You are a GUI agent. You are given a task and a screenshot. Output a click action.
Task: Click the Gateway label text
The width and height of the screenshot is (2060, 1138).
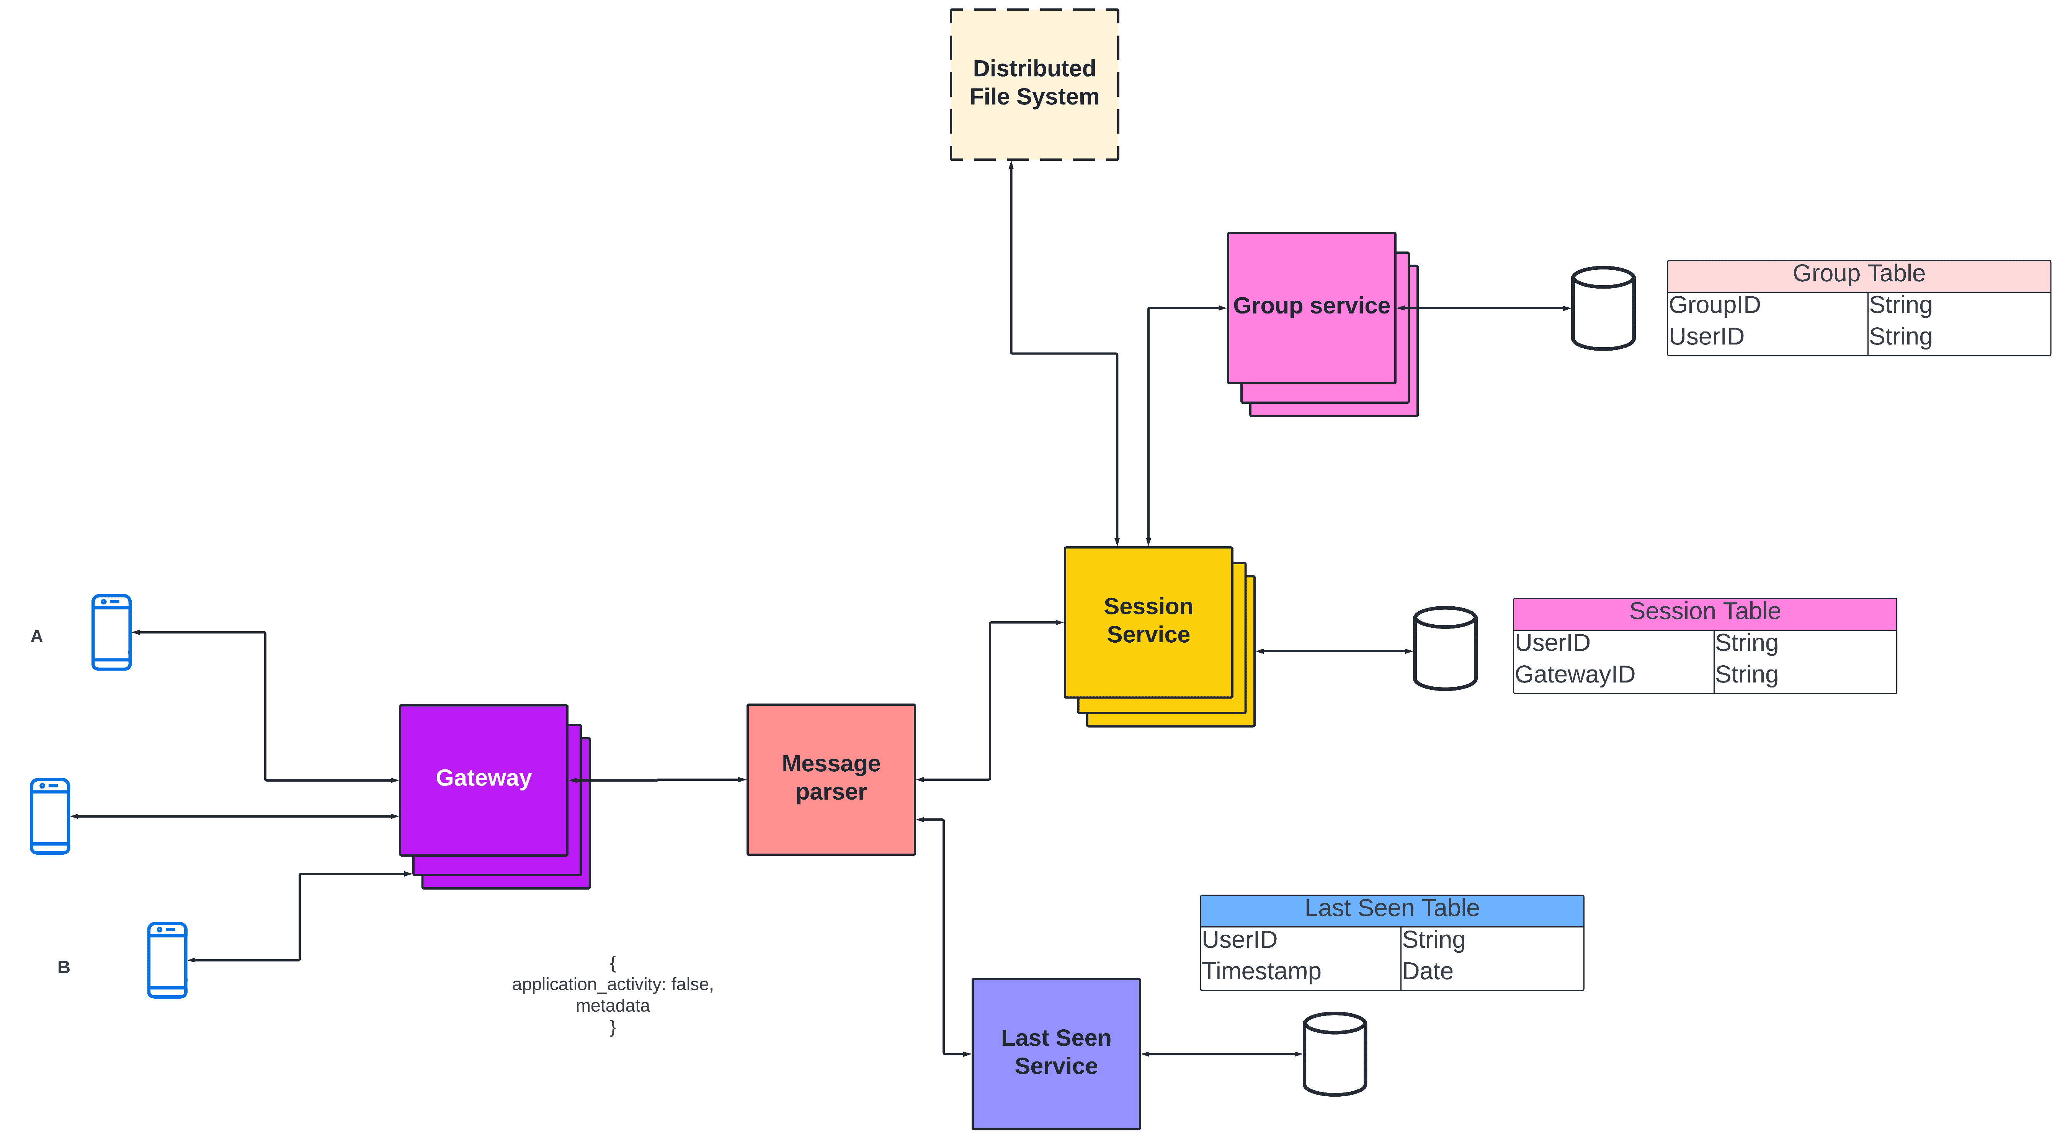coord(483,777)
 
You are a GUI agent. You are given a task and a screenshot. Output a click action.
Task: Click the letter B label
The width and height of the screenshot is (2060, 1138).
coord(64,967)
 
